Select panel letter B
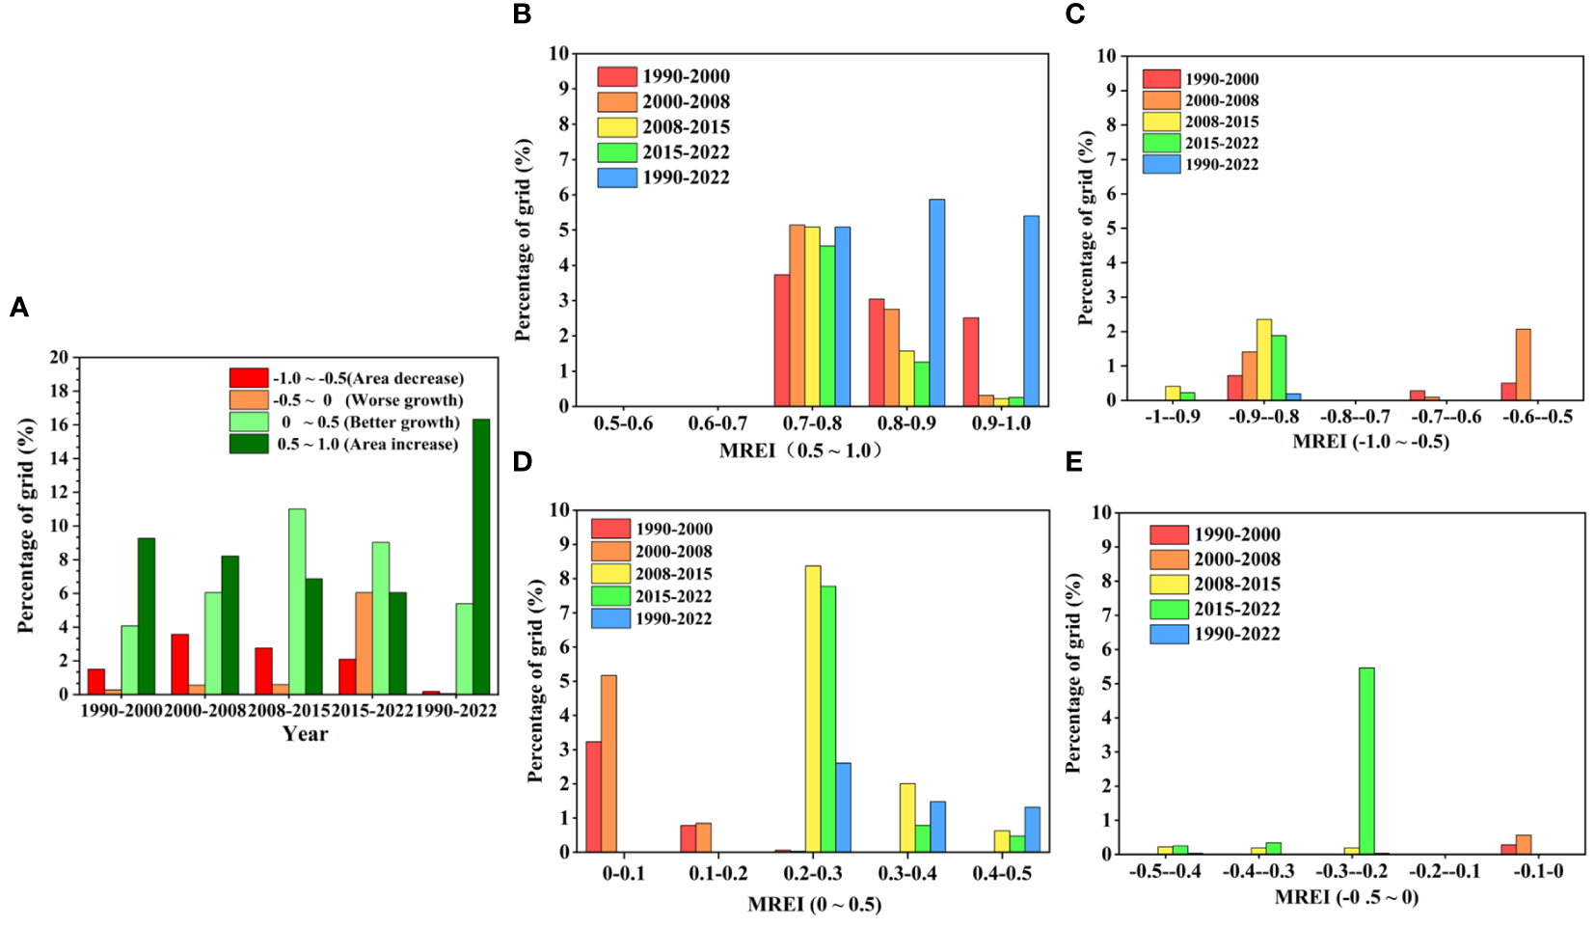[x=523, y=14]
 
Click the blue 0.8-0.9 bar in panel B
[x=936, y=303]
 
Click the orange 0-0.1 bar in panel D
[x=608, y=763]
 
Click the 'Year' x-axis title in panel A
[x=305, y=734]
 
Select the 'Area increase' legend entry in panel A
[x=366, y=445]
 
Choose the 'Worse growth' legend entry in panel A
[x=366, y=400]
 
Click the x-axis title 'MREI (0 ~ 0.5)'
[x=814, y=905]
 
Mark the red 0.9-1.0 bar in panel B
[x=971, y=362]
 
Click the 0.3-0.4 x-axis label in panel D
[x=907, y=873]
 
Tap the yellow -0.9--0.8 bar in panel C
[x=1263, y=360]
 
